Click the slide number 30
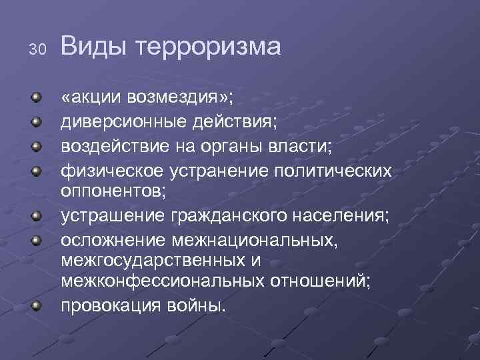37,49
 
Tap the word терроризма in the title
209,47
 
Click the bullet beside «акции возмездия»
39,99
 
